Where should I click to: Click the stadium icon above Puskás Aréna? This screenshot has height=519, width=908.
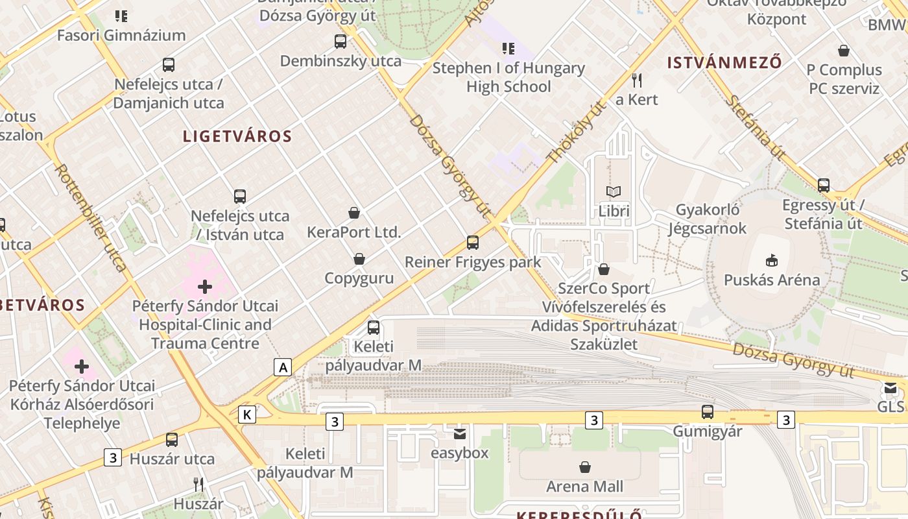click(771, 260)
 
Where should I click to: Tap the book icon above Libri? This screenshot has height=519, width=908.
click(614, 191)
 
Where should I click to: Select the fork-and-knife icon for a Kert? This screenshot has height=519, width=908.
click(637, 80)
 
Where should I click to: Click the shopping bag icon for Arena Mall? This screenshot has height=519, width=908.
click(585, 467)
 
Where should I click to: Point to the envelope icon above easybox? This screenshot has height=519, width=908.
click(460, 433)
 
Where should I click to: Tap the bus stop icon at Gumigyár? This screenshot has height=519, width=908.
click(708, 412)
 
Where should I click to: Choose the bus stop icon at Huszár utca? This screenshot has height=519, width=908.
click(172, 440)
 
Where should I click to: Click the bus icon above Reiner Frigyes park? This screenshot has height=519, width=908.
click(473, 243)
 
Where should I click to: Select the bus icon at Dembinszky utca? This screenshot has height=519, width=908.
click(340, 42)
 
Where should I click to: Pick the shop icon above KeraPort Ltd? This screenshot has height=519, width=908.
click(354, 213)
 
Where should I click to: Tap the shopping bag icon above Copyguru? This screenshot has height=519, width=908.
click(359, 259)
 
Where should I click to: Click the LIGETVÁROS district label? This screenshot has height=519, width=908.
click(237, 136)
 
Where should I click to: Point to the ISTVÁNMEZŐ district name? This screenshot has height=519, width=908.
click(724, 63)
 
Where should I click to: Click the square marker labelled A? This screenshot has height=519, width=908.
click(282, 367)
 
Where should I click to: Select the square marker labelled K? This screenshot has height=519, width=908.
click(246, 415)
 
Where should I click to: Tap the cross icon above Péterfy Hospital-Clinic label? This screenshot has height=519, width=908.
click(205, 286)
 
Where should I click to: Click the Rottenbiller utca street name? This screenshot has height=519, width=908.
click(90, 217)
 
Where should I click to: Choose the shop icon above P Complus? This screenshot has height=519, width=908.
click(844, 51)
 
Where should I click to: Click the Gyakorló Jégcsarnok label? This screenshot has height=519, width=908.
click(708, 219)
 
